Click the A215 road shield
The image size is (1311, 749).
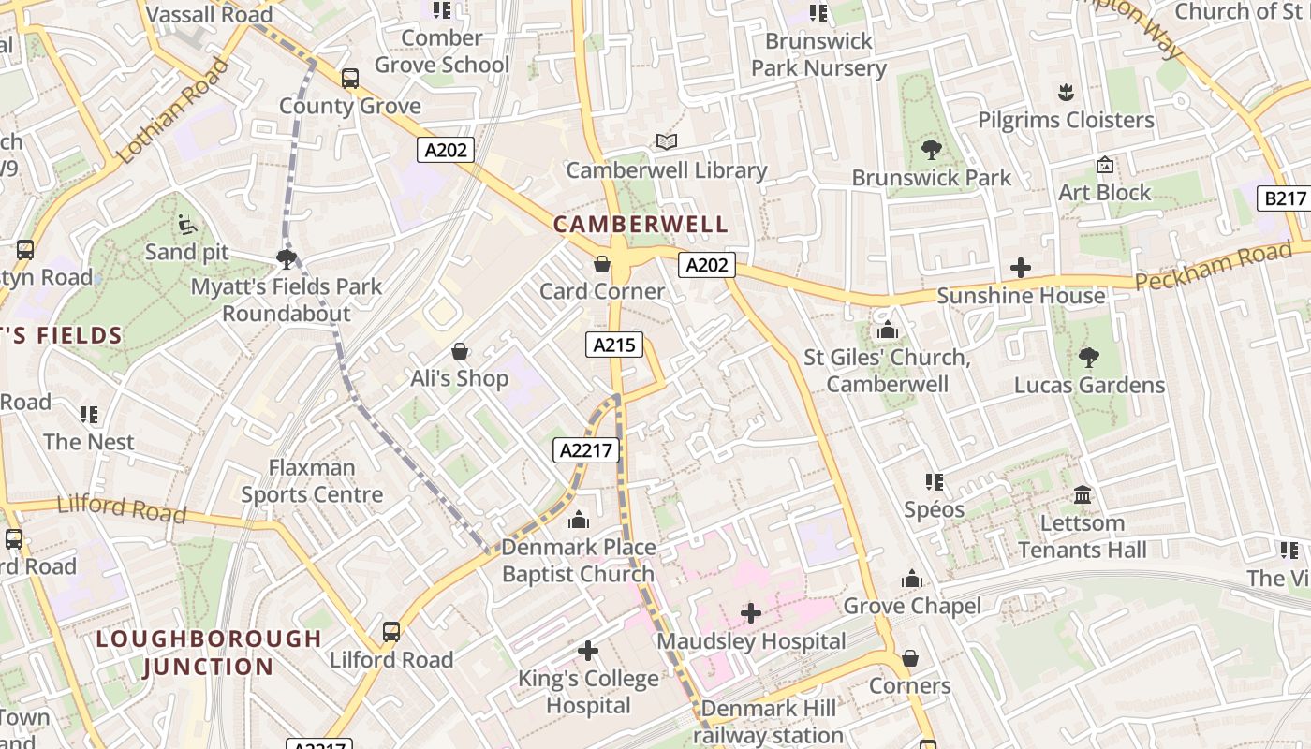pyautogui.click(x=615, y=345)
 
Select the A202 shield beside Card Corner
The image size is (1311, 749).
pyautogui.click(x=707, y=265)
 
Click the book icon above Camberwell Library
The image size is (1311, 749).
pyautogui.click(x=666, y=141)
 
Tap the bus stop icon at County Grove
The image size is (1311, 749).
pyautogui.click(x=350, y=79)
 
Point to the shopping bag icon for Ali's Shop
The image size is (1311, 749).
pyautogui.click(x=460, y=351)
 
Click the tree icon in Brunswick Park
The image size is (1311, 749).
pyautogui.click(x=931, y=149)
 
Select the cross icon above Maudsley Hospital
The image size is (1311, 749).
pyautogui.click(x=750, y=613)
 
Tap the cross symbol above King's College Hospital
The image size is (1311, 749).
pyautogui.click(x=588, y=650)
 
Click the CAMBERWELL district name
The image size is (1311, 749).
pyautogui.click(x=640, y=225)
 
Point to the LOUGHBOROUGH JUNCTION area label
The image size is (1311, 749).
pyautogui.click(x=209, y=653)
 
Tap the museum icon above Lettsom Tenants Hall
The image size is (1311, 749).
pyautogui.click(x=1083, y=494)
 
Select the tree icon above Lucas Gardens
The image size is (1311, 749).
pyautogui.click(x=1088, y=357)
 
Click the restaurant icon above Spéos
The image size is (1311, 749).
pyautogui.click(x=934, y=481)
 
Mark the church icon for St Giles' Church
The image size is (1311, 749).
pyautogui.click(x=887, y=330)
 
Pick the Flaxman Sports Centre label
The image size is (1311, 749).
pyautogui.click(x=312, y=480)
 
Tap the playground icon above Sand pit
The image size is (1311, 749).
pyautogui.click(x=186, y=224)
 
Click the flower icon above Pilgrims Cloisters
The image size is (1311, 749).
pyautogui.click(x=1065, y=92)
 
